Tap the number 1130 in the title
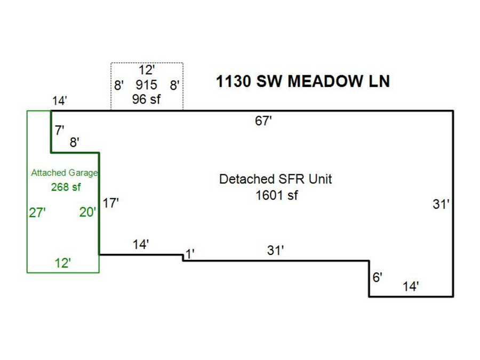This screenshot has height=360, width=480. coord(233,82)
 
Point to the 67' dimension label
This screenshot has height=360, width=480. coord(263,121)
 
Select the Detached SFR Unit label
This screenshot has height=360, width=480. coord(275,179)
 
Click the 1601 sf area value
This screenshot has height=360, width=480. coord(276,195)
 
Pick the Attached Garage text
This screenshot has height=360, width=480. coord(65,173)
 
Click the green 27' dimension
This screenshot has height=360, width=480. coord(37,213)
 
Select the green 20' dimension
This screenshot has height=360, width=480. coord(88,212)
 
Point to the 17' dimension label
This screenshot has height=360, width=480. coord(110,203)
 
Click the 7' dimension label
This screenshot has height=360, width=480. coord(59,131)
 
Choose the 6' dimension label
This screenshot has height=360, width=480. coord(377,277)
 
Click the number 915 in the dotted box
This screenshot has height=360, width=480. coord(146,85)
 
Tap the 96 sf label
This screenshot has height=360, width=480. coord(146,99)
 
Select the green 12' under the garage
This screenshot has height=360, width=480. coord(63,263)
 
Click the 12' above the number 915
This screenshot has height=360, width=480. coord(146,70)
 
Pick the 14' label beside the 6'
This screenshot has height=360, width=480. coord(411,286)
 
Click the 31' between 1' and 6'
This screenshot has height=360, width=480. coord(275,251)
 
